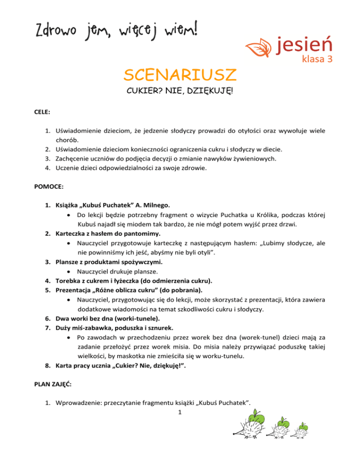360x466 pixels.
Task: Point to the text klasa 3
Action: (x=318, y=60)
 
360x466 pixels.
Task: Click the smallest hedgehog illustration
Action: (x=303, y=431)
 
